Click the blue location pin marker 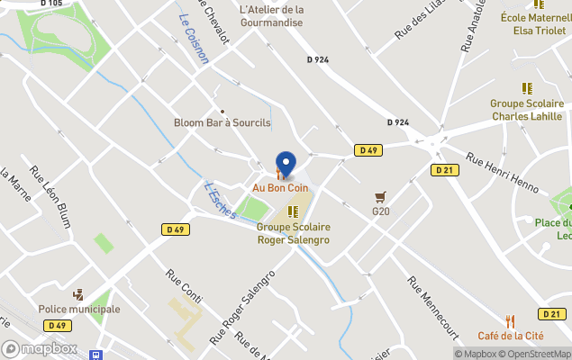(x=286, y=164)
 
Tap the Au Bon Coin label (x=279, y=187)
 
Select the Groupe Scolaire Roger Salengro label (x=293, y=233)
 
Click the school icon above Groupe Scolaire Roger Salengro (x=293, y=211)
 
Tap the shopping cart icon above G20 (x=381, y=196)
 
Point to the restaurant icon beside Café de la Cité (x=510, y=320)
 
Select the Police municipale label (x=79, y=309)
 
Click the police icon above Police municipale (x=79, y=293)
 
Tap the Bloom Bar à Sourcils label (x=222, y=122)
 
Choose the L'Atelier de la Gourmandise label (x=272, y=15)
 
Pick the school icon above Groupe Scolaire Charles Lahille (x=527, y=88)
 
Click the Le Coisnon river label (x=194, y=39)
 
